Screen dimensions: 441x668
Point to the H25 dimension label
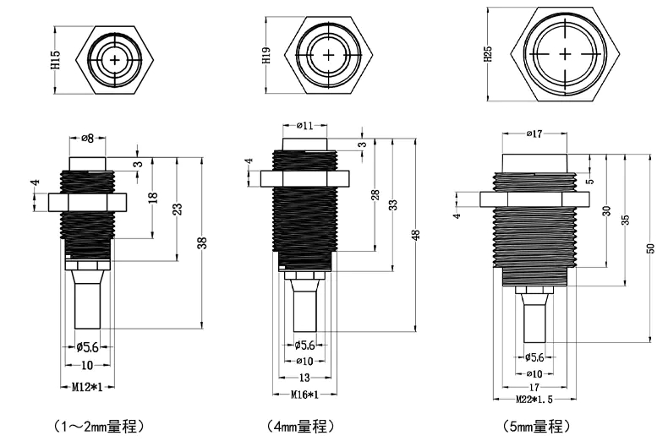[x=488, y=55]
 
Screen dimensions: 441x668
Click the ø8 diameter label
[x=88, y=138]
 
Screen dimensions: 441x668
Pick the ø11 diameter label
[x=305, y=126]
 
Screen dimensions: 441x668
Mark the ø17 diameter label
[x=534, y=133]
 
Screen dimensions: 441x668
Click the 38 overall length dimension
[x=201, y=243]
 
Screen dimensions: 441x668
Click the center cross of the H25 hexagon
[x=565, y=54]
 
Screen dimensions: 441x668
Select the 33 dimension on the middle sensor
[x=394, y=205]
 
